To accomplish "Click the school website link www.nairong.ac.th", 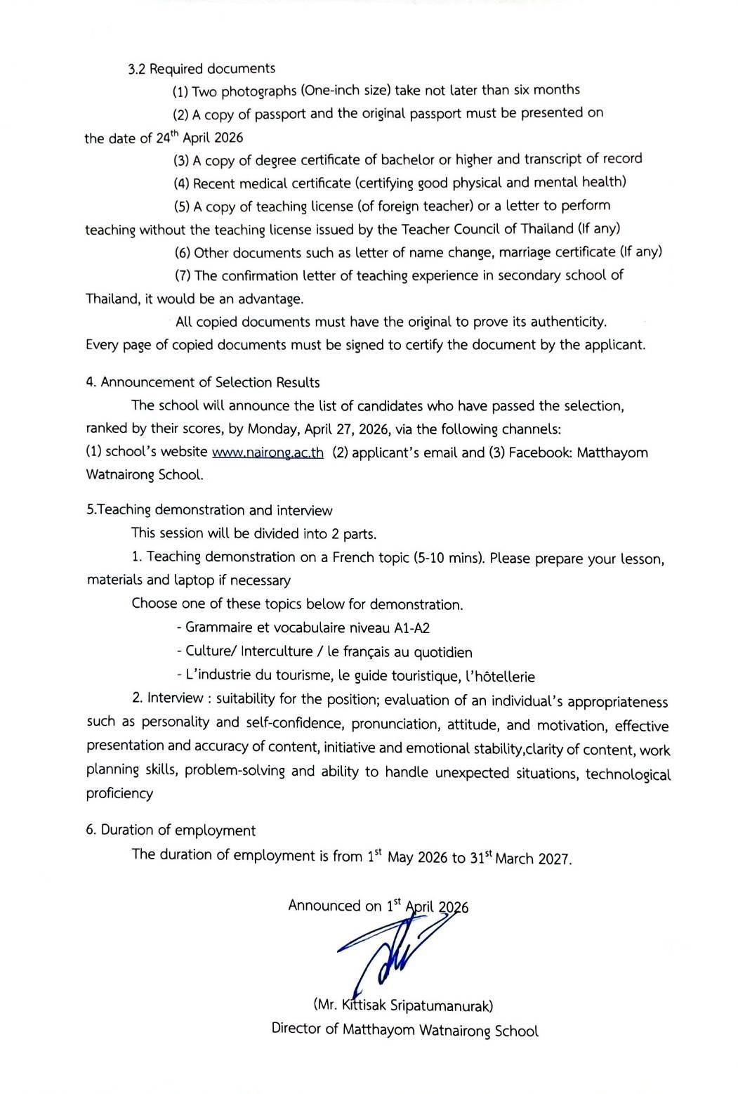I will point(268,453).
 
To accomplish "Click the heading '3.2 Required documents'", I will point(202,69).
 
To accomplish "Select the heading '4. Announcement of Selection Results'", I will point(202,382).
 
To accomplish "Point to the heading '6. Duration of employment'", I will point(171,831).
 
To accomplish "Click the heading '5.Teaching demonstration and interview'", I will point(209,510).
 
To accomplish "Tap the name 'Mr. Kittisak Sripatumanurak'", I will point(403,1005).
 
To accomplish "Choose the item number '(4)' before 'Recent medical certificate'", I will point(182,183).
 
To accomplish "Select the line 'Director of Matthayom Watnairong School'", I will point(404,1030).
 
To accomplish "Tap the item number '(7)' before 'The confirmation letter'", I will point(183,275).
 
